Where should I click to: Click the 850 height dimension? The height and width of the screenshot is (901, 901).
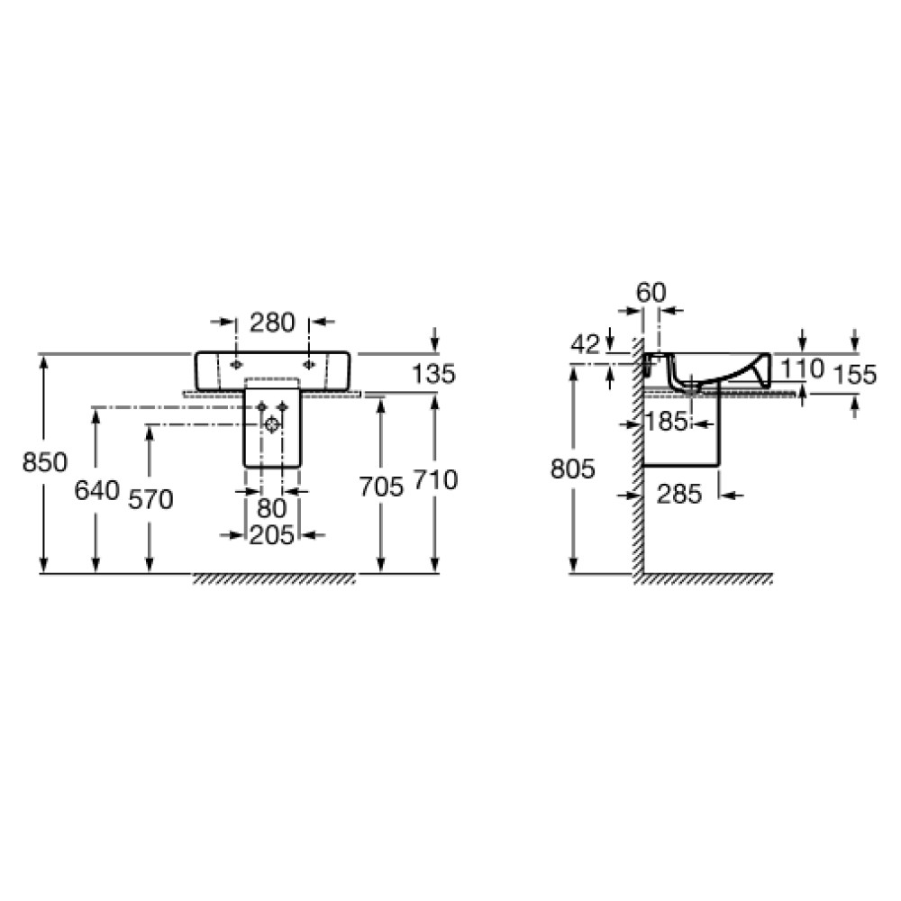pyautogui.click(x=45, y=462)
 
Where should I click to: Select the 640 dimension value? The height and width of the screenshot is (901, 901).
pyautogui.click(x=97, y=490)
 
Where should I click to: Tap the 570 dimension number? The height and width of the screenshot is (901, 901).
pyautogui.click(x=150, y=499)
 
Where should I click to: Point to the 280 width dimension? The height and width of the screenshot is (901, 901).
pyautogui.click(x=272, y=323)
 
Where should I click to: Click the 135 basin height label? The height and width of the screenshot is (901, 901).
pyautogui.click(x=434, y=374)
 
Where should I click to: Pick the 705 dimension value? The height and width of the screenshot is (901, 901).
pyautogui.click(x=381, y=487)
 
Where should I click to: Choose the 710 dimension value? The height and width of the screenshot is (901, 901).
pyautogui.click(x=435, y=480)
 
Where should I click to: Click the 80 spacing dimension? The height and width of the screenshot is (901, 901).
pyautogui.click(x=272, y=508)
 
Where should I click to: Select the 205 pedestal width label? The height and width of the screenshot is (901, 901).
pyautogui.click(x=272, y=535)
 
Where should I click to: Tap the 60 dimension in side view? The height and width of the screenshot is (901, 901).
pyautogui.click(x=651, y=293)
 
